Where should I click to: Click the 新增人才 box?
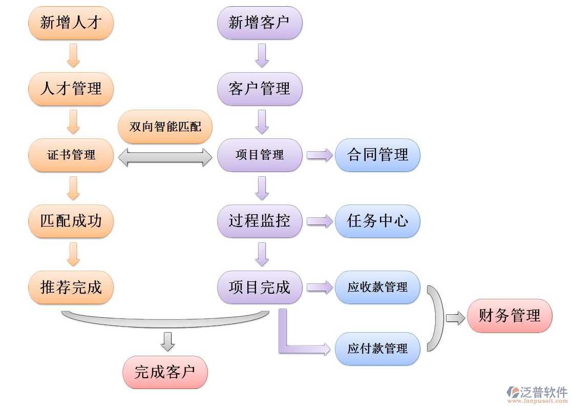pos(71,23)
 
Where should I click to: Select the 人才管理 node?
pos(71,89)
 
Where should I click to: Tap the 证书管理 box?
pos(71,155)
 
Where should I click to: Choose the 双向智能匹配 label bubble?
pos(165,127)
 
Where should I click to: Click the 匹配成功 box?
pos(71,221)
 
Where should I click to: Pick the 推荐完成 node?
pos(71,287)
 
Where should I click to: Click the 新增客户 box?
pos(260,23)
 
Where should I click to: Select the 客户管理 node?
pos(260,89)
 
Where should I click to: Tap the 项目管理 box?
pos(260,155)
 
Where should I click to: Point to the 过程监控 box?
pos(260,221)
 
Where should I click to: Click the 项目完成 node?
pos(260,287)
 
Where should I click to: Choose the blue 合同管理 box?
pos(377,155)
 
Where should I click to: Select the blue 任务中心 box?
pos(377,221)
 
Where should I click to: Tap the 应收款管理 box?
pos(377,287)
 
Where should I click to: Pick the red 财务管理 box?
pos(510,316)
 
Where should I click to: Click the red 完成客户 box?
pos(165,372)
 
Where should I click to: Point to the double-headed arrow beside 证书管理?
pos(165,157)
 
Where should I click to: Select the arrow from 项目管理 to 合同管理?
pos(320,155)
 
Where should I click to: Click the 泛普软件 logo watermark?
pos(537,393)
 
